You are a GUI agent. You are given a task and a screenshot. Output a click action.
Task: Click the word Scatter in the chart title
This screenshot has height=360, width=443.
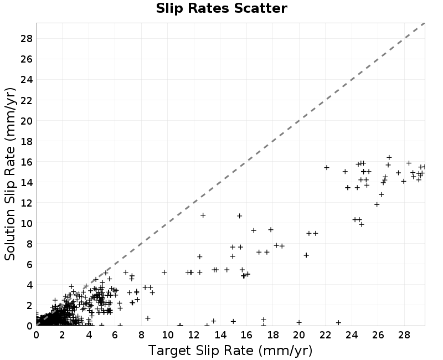pos(260,8)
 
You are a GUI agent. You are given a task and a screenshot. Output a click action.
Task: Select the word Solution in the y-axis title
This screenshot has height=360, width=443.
pos(10,235)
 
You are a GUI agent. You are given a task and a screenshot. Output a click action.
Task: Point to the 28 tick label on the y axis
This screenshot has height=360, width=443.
pos(27,38)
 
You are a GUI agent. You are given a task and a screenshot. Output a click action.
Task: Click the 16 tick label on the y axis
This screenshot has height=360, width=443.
pos(27,162)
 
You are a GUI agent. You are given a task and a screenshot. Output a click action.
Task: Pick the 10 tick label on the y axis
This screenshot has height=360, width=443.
pos(27,224)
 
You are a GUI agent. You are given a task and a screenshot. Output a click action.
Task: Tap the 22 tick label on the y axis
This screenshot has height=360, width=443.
pos(27,100)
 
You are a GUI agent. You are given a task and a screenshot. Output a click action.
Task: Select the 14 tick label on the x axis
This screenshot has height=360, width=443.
pos(220,335)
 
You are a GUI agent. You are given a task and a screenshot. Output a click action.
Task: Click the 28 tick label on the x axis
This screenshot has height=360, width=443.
pos(404,335)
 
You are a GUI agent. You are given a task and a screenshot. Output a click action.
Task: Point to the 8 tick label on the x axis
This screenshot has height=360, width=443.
pos(141,335)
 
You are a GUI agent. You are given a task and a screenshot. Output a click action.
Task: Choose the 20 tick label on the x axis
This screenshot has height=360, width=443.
pos(299,335)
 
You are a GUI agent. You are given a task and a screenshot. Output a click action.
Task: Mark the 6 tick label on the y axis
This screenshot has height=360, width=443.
pos(29,265)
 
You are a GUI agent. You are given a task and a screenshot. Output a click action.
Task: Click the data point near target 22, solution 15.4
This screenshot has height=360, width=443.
pos(327,168)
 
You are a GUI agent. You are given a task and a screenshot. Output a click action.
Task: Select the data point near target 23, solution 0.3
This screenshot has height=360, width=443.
pos(338,322)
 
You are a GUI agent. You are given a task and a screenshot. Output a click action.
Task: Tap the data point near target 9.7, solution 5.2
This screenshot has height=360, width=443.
pos(164,272)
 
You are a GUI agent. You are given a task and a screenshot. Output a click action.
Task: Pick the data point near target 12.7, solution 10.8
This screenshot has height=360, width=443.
pos(203,215)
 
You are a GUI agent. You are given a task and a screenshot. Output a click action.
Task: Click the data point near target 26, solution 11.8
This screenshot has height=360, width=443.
pos(377,204)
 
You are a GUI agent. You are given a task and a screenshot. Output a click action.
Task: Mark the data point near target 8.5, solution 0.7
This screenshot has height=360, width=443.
pos(147,318)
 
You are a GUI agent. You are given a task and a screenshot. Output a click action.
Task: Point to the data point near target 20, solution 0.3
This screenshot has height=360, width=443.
pos(299,322)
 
